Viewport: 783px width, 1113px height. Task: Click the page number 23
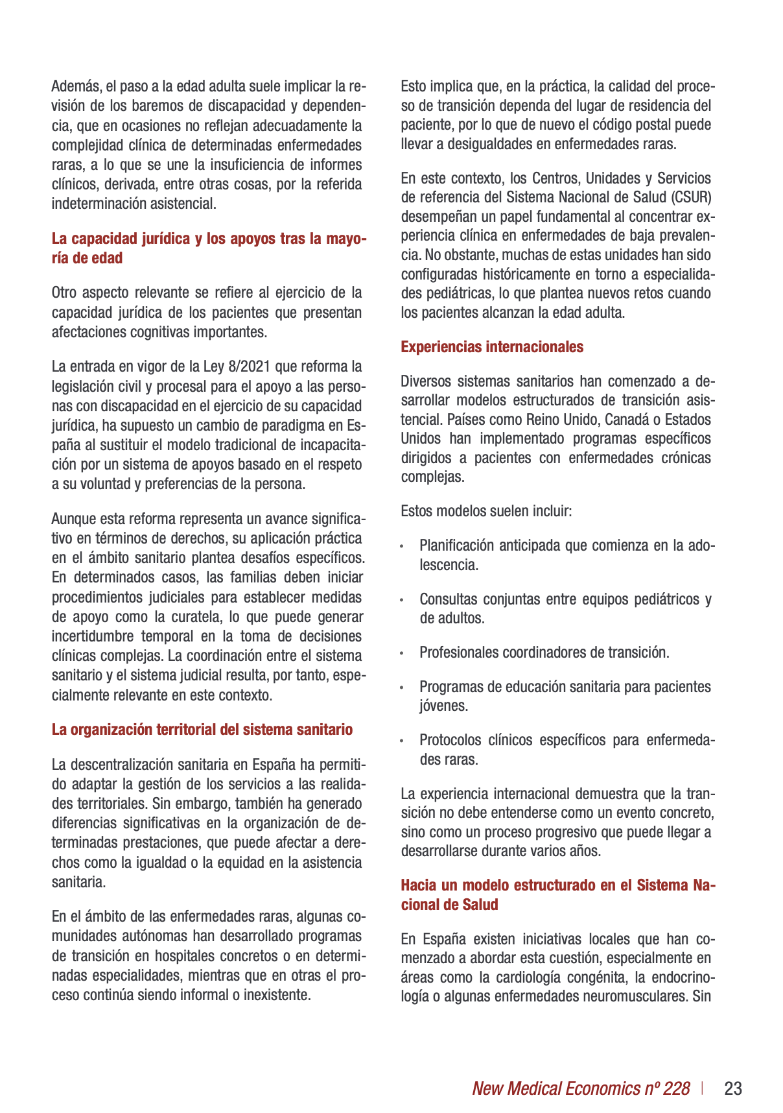733,1088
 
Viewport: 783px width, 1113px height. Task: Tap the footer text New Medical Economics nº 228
581,1088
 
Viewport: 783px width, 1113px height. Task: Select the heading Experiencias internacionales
492,347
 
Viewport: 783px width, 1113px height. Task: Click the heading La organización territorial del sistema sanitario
202,730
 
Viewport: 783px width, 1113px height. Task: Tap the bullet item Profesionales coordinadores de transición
544,652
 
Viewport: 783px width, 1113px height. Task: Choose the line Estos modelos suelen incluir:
486,511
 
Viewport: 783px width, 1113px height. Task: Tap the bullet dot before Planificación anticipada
403,547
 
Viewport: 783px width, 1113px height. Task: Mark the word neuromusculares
630,996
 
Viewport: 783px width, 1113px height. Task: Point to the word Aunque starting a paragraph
73,519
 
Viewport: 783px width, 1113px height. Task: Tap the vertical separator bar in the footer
703,1088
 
